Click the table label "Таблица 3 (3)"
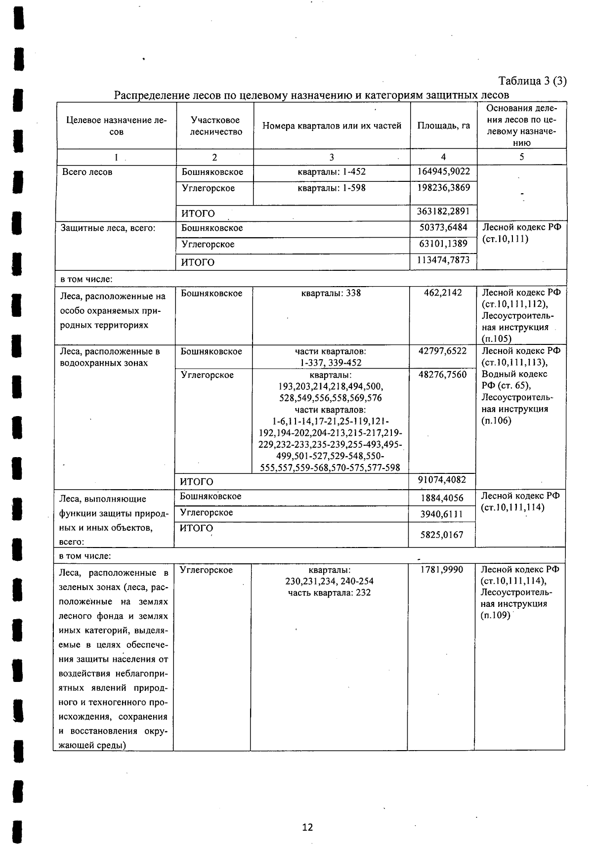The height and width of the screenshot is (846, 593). click(x=532, y=81)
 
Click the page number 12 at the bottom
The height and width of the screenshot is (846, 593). click(x=307, y=827)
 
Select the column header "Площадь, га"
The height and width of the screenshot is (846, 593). click(x=443, y=126)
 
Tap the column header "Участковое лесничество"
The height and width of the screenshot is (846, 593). click(x=215, y=126)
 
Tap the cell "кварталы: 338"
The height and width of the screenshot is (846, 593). click(x=331, y=293)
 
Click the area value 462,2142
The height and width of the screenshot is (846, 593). click(x=443, y=293)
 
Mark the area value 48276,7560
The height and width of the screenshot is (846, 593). click(x=442, y=375)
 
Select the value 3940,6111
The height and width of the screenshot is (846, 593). click(x=441, y=514)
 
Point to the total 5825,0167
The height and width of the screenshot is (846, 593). click(x=441, y=534)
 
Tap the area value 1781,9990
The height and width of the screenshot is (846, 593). click(x=441, y=570)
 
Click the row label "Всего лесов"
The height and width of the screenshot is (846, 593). click(x=87, y=172)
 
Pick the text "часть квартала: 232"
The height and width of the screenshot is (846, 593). click(x=329, y=592)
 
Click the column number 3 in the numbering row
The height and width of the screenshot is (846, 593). click(x=331, y=157)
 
